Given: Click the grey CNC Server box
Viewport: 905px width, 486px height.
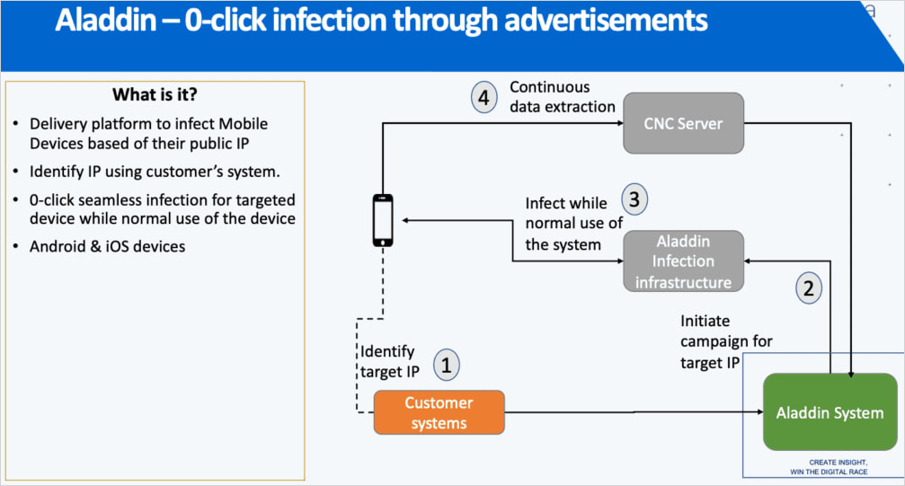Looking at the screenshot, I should [x=684, y=123].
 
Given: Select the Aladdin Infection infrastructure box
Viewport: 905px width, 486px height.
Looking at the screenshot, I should [x=684, y=261].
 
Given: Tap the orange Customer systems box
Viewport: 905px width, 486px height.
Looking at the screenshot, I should [x=439, y=413].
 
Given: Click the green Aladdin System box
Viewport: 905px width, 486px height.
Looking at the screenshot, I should [x=830, y=413].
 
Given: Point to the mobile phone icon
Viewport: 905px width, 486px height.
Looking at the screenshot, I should [x=384, y=220].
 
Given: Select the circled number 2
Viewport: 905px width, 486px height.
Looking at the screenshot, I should [x=809, y=287].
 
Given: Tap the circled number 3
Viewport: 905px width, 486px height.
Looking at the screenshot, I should [x=634, y=200].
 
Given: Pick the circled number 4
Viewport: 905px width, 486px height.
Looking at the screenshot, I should [x=484, y=97].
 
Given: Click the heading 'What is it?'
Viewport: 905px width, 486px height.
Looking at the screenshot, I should [x=155, y=95].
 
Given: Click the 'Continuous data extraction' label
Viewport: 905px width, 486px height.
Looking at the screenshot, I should [x=563, y=97].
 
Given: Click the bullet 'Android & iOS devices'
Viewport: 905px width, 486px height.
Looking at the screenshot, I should [x=107, y=246].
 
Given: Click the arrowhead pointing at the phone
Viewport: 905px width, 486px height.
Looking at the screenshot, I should [x=406, y=220].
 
